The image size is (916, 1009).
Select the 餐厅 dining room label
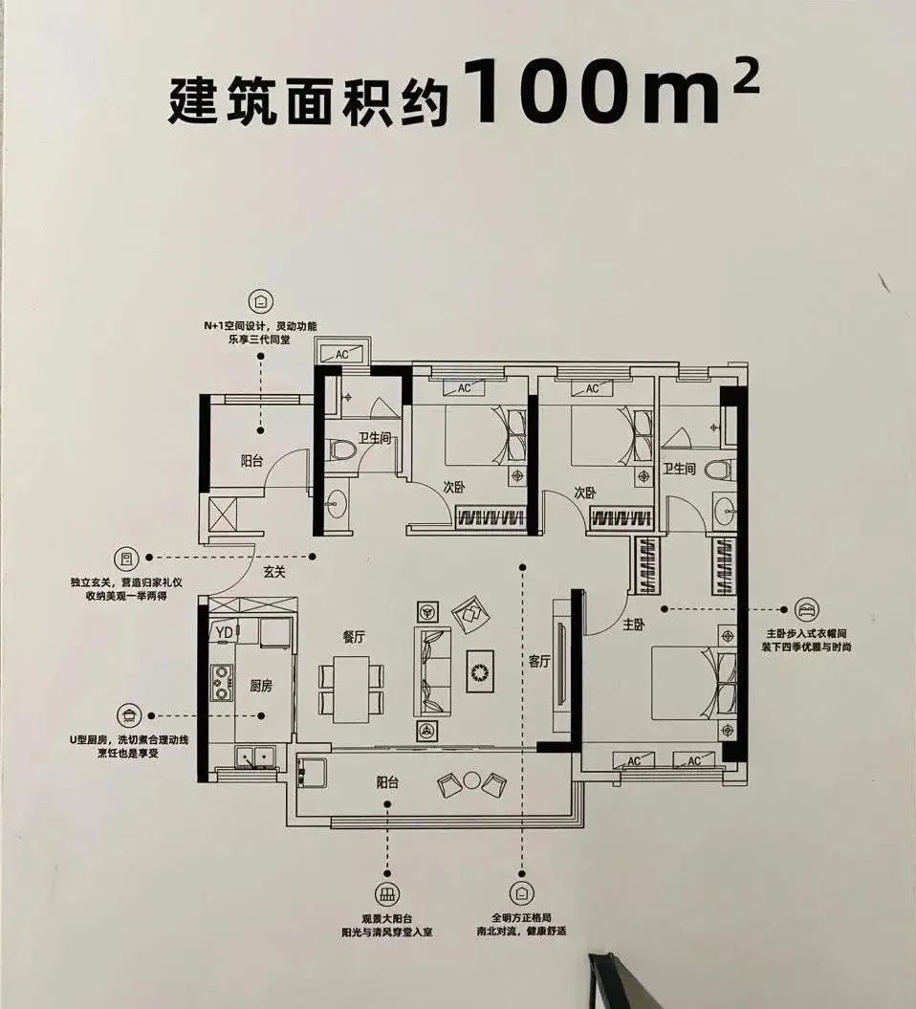click(354, 638)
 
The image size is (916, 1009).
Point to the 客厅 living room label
click(539, 661)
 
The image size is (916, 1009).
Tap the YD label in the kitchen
click(224, 631)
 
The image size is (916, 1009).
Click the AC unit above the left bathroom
click(341, 354)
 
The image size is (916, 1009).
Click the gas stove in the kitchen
click(222, 682)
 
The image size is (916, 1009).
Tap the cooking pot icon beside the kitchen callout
click(127, 714)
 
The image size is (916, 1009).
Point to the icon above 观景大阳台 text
click(387, 894)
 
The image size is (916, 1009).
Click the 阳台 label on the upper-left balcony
click(252, 460)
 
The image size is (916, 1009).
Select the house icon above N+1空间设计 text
click(260, 301)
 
